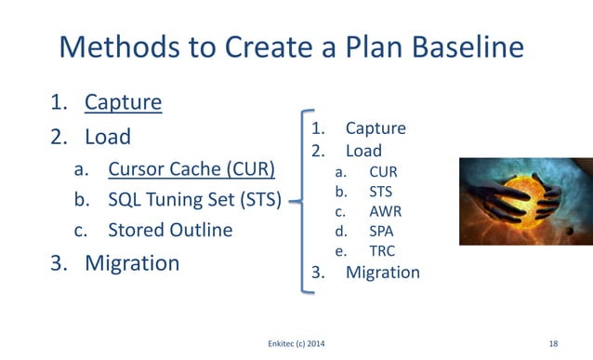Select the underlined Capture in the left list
[123, 101]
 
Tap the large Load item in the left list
[108, 136]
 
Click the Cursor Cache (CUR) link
[191, 169]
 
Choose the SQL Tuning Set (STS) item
[194, 199]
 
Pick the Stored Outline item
[170, 229]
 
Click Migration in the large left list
[132, 262]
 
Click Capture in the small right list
[376, 128]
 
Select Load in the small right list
[363, 150]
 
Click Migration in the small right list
[382, 273]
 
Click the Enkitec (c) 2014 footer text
[296, 344]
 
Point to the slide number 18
[553, 344]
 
